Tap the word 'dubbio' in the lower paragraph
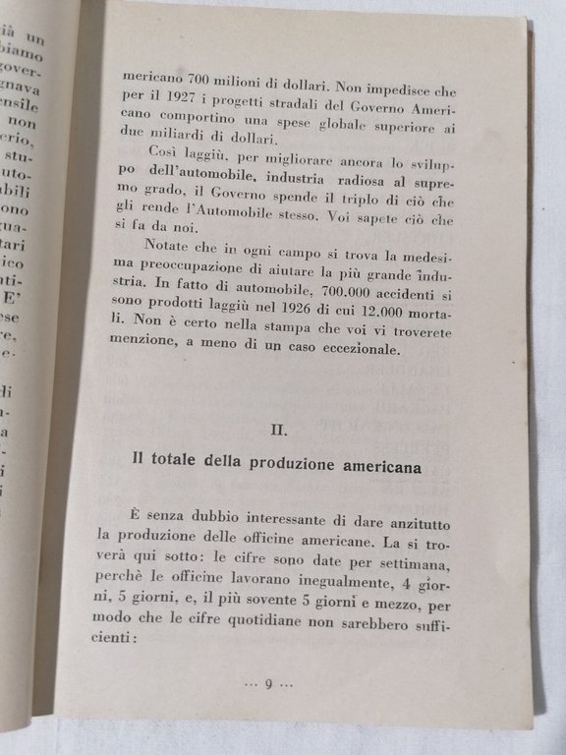(216, 520)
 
